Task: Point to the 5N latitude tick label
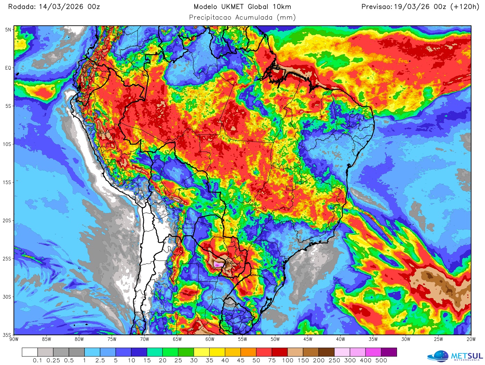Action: (x=8, y=30)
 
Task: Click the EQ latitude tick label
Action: (x=8, y=68)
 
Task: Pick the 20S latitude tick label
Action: (x=7, y=221)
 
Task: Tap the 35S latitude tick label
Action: (x=7, y=335)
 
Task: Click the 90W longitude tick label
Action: (x=14, y=339)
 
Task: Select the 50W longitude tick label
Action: (x=275, y=339)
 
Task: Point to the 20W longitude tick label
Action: (x=471, y=339)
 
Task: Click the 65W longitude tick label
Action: (x=177, y=339)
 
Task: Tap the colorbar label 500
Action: (x=381, y=360)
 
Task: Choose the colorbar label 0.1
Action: (x=37, y=360)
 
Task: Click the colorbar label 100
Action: (x=287, y=360)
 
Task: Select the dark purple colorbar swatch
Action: (x=389, y=353)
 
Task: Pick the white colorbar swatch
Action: (x=30, y=353)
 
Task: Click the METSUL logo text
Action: (x=466, y=356)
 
